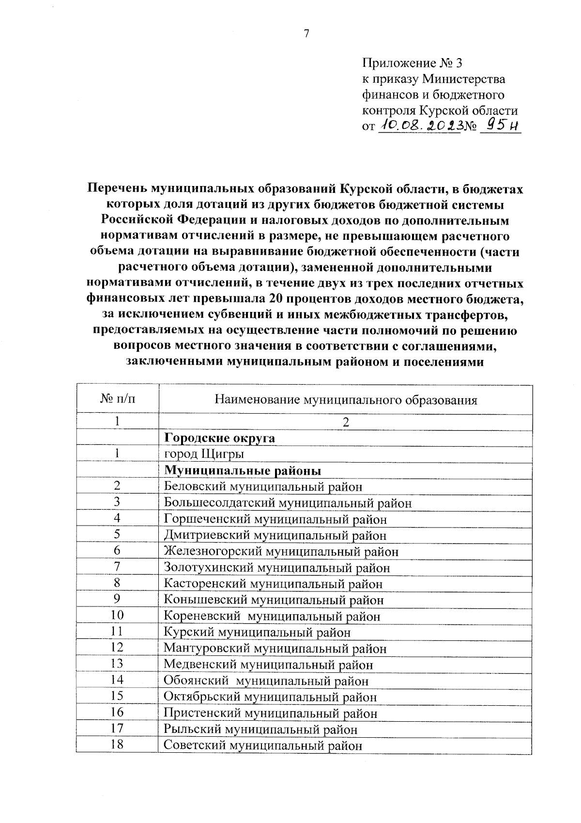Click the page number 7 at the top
tap(306, 33)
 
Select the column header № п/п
tap(117, 400)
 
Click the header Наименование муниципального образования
tap(346, 400)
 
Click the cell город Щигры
tap(204, 454)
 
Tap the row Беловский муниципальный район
tap(263, 487)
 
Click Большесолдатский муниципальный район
tap(288, 503)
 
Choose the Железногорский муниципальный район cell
tap(281, 552)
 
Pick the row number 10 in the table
tap(117, 615)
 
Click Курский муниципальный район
tap(257, 633)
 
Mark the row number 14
tap(117, 680)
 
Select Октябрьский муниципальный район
tap(270, 698)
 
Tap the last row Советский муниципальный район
tap(263, 746)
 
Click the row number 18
tap(117, 745)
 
